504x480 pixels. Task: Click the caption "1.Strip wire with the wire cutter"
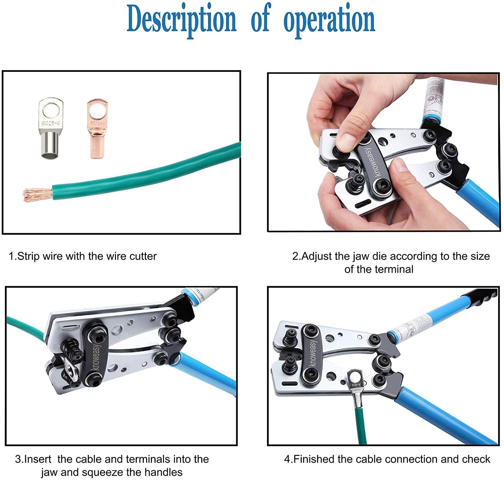[x=83, y=257]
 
